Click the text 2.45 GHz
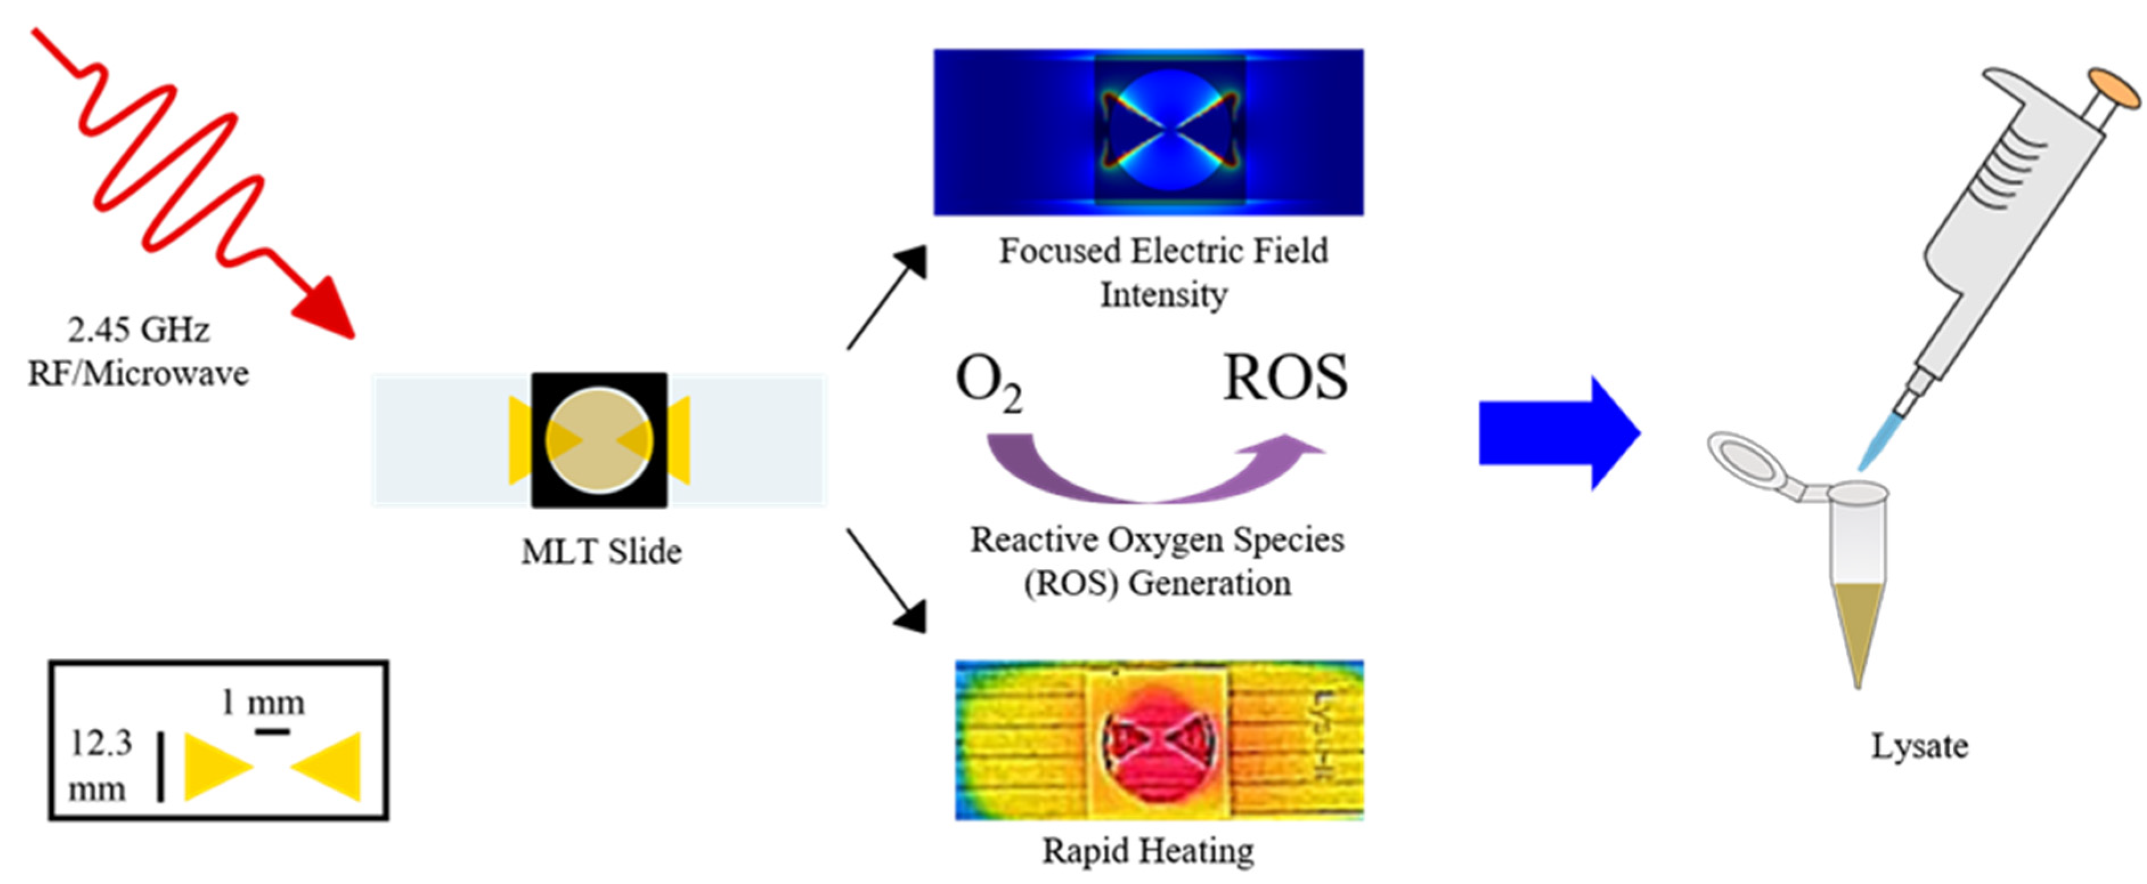tap(138, 330)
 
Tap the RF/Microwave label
tap(138, 374)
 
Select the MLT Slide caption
tap(601, 552)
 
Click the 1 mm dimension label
tap(263, 703)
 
